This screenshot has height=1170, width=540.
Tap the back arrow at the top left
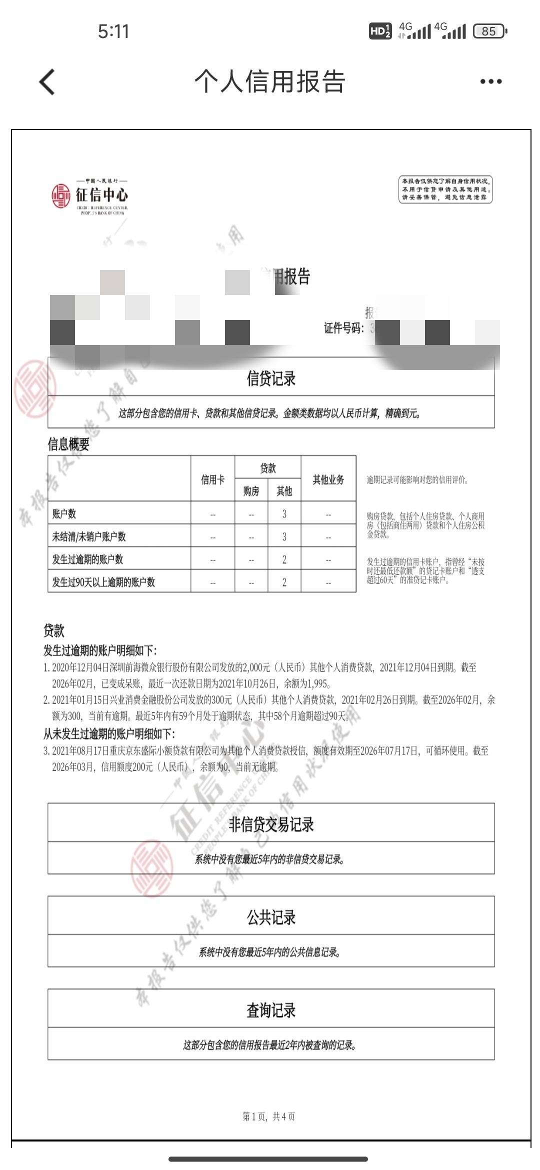pyautogui.click(x=47, y=81)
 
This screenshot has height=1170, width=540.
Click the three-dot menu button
pyautogui.click(x=490, y=81)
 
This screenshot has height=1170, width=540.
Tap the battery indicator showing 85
pyautogui.click(x=489, y=31)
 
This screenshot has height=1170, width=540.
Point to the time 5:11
pyautogui.click(x=113, y=31)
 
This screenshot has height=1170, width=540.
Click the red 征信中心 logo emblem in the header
pyautogui.click(x=61, y=195)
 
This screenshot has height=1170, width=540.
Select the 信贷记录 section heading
pyautogui.click(x=271, y=378)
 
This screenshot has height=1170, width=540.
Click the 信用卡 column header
pyautogui.click(x=212, y=479)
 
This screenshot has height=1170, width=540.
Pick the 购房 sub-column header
pyautogui.click(x=251, y=491)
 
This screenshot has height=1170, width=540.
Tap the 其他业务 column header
pyautogui.click(x=328, y=479)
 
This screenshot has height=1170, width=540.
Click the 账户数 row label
pyautogui.click(x=64, y=513)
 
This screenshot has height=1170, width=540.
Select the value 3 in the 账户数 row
pyautogui.click(x=284, y=513)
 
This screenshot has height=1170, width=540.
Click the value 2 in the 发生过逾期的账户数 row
pyautogui.click(x=284, y=559)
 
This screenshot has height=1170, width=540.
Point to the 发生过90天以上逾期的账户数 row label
pyautogui.click(x=103, y=582)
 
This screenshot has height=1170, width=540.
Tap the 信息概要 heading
pyautogui.click(x=68, y=444)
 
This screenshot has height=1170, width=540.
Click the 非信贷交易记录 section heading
pyautogui.click(x=271, y=824)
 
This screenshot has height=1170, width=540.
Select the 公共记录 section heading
pyautogui.click(x=271, y=917)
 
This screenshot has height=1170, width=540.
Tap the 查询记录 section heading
pyautogui.click(x=271, y=1010)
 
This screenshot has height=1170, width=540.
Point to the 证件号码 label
pyautogui.click(x=343, y=328)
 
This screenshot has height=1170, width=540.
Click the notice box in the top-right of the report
pyautogui.click(x=445, y=189)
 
